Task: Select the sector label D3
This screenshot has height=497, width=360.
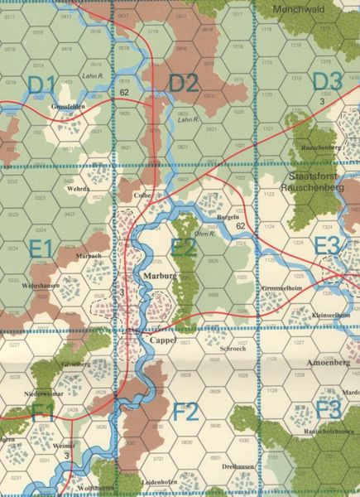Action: pyautogui.click(x=327, y=82)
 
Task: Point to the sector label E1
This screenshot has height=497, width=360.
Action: pyautogui.click(x=41, y=247)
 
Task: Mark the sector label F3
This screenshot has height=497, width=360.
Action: pyautogui.click(x=328, y=409)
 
